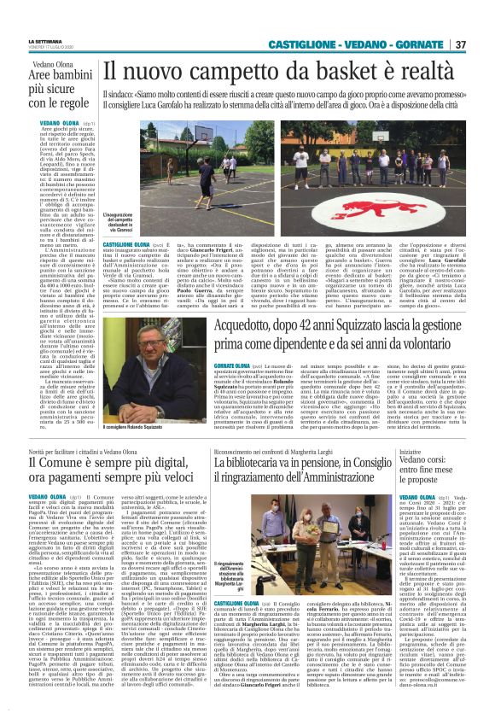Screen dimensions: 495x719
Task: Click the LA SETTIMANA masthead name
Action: [x=45, y=41]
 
